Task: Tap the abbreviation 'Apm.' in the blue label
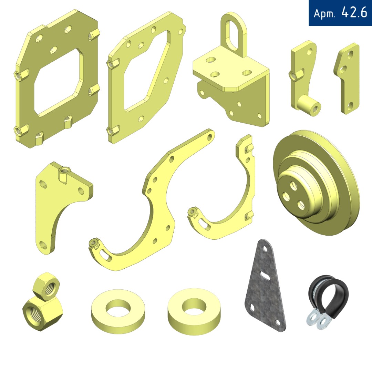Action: coord(324,13)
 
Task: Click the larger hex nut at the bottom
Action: coord(43,313)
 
